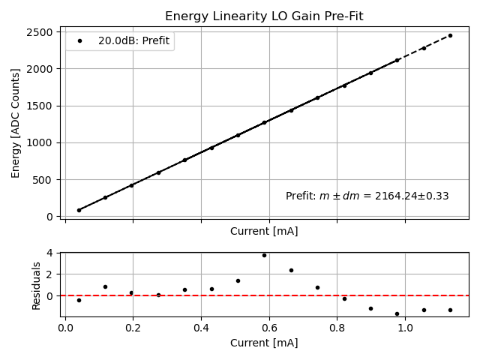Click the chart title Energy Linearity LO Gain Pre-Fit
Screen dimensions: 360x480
264,16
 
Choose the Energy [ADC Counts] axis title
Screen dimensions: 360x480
16,123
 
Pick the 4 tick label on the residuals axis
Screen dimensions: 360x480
49,253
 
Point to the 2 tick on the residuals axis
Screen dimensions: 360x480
49,274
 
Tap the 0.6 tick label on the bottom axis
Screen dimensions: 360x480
269,327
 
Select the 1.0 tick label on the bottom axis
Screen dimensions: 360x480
405,327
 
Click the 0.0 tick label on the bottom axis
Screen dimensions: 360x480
65,327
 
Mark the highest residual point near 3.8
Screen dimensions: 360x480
264,255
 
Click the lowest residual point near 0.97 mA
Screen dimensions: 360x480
397,313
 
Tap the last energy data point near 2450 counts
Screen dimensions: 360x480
450,35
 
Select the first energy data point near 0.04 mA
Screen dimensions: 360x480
79,210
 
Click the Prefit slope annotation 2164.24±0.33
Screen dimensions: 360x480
367,196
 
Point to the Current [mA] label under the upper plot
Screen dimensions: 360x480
264,231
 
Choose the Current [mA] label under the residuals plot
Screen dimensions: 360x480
264,343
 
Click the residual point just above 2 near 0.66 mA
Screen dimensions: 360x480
291,270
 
